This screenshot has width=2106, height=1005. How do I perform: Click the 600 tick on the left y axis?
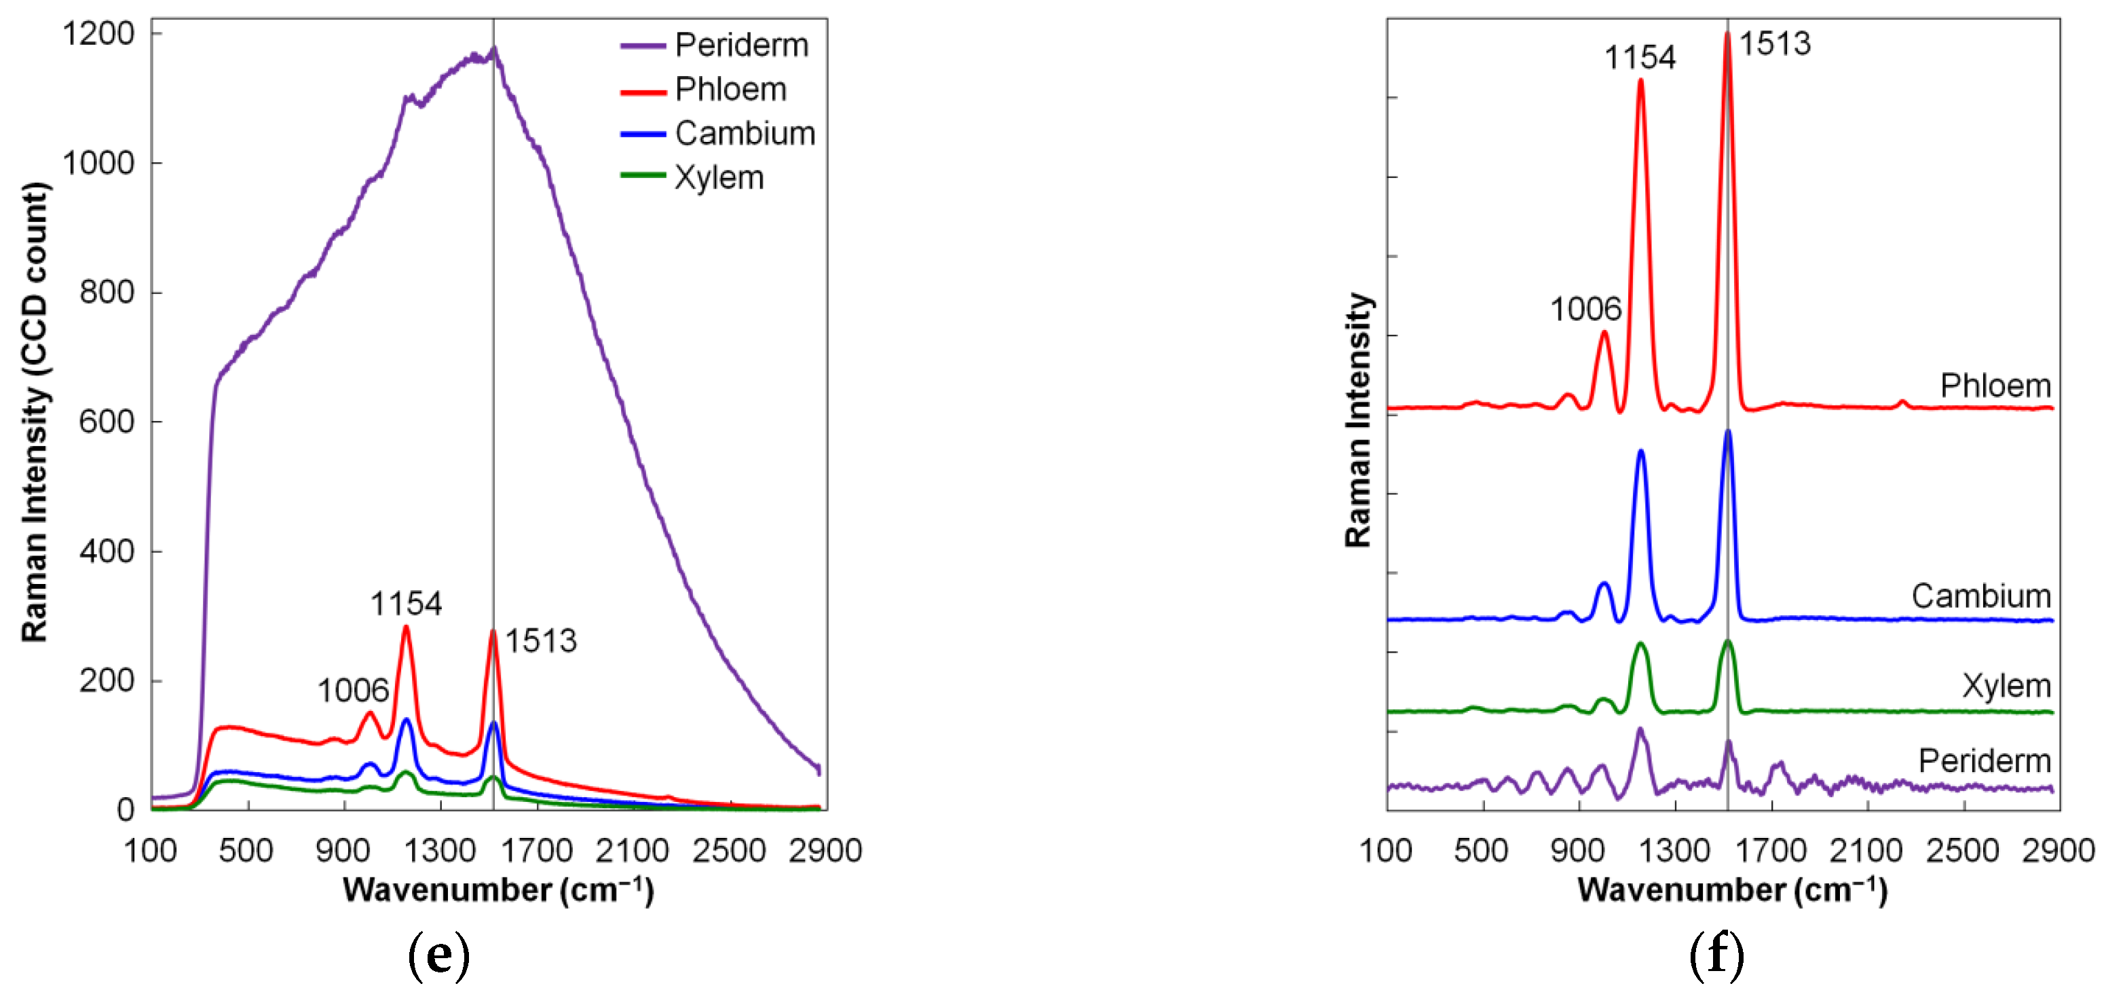tap(107, 422)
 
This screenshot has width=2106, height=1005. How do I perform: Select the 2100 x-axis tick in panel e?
tap(633, 850)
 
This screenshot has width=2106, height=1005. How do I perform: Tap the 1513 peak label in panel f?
tap(1774, 43)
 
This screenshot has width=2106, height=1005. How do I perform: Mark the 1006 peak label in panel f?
tap(1585, 309)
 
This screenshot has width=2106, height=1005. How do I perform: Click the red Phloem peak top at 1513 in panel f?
tap(1727, 35)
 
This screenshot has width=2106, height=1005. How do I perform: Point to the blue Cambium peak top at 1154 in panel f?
tap(1641, 452)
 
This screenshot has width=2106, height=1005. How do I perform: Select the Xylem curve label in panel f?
tap(2006, 685)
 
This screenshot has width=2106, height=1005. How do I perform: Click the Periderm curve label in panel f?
tap(1985, 761)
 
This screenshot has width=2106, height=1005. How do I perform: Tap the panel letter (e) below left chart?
tap(439, 954)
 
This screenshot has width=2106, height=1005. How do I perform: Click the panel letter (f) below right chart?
tap(1717, 954)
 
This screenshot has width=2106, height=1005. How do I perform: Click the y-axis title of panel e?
tap(35, 413)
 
